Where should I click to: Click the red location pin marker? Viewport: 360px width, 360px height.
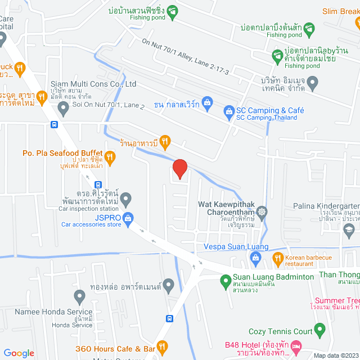179,169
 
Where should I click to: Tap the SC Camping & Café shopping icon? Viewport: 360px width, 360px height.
229,111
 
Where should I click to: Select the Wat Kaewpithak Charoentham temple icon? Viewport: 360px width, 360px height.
262,211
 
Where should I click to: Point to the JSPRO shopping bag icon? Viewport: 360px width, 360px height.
128,218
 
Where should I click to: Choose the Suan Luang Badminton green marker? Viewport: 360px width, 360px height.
225,279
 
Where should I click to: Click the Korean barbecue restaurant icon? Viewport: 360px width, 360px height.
277,259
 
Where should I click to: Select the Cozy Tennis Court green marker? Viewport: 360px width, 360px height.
319,328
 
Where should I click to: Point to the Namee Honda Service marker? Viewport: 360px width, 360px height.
79,296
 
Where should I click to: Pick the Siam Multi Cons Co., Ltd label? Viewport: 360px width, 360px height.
93,84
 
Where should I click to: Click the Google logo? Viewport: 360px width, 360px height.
19,353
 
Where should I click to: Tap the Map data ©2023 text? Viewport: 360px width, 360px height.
335,355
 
